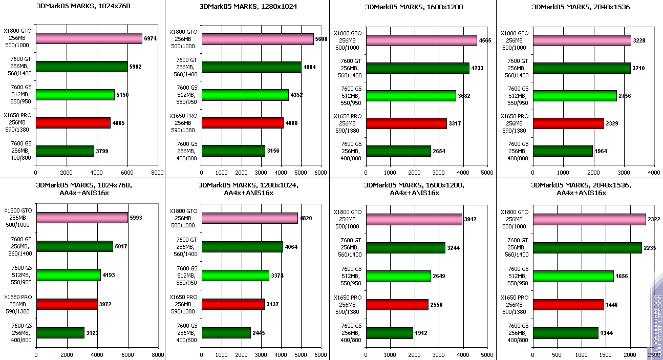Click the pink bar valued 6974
tap(89, 39)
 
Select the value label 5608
tap(321, 39)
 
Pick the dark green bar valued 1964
tap(563, 151)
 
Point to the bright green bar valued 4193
tap(68, 276)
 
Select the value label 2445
tap(259, 333)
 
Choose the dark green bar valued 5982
tap(81, 67)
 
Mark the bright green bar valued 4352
tap(245, 95)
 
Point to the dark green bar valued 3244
tap(405, 248)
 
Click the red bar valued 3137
tap(233, 304)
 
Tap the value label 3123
tap(93, 333)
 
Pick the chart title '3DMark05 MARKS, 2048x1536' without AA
tap(581, 7)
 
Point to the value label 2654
tap(440, 151)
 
